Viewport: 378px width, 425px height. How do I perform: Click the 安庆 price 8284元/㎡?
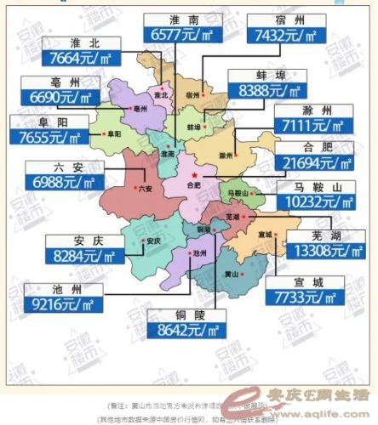78,252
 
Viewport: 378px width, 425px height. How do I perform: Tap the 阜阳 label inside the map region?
113,134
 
